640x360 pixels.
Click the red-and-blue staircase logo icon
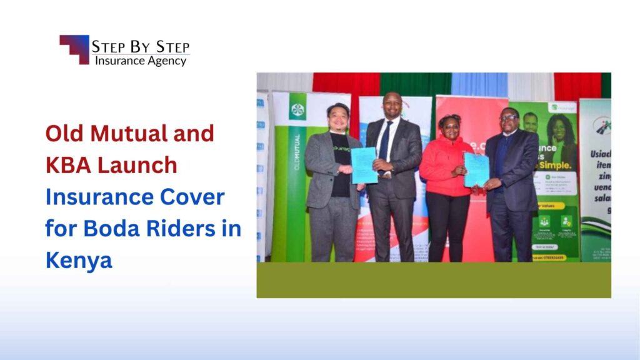point(74,49)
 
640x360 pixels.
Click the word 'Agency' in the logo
point(166,61)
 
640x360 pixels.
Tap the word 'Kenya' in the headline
point(78,260)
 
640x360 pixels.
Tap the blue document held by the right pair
point(476,169)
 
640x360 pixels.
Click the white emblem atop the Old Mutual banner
point(297,111)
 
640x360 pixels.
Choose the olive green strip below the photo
point(434,279)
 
